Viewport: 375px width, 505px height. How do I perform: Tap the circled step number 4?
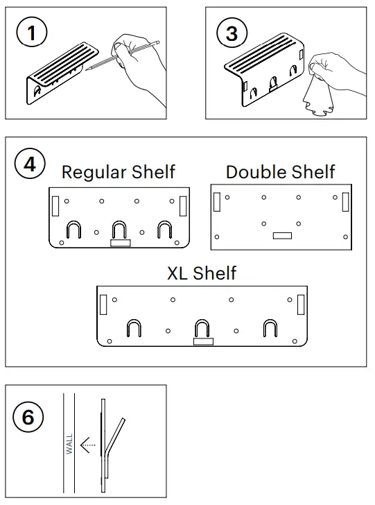coord(30,164)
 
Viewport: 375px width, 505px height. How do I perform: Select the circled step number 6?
coord(28,418)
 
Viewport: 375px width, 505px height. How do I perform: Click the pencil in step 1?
coord(125,55)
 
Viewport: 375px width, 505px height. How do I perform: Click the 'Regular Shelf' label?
coord(119,171)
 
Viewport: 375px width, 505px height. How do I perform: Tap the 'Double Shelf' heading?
coord(281,171)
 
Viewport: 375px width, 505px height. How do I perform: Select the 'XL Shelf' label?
coord(202,273)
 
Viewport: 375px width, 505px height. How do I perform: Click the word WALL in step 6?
coord(69,444)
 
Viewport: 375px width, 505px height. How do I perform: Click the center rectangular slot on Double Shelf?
coord(282,236)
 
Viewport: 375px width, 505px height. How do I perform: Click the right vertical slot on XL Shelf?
coord(300,304)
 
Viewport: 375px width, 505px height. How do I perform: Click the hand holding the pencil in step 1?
coord(142,59)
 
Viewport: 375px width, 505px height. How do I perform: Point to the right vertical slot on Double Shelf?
coord(345,201)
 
